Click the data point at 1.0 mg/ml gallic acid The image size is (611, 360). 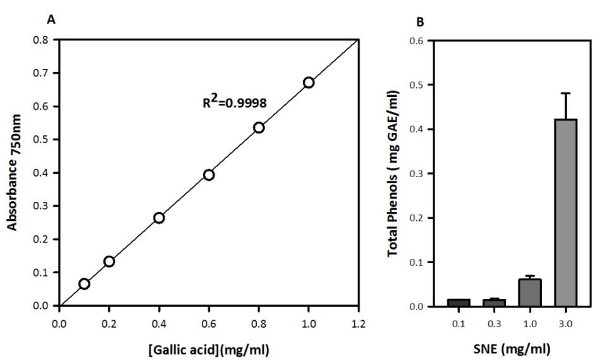(309, 82)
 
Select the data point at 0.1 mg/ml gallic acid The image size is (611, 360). (84, 283)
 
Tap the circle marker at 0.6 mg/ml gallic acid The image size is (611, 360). (209, 175)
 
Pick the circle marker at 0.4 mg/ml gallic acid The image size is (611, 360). (159, 218)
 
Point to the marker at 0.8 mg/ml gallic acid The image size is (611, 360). (259, 127)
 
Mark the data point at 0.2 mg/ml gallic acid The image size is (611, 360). (109, 261)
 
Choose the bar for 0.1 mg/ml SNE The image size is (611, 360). (459, 302)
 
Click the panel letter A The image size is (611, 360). (52, 20)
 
